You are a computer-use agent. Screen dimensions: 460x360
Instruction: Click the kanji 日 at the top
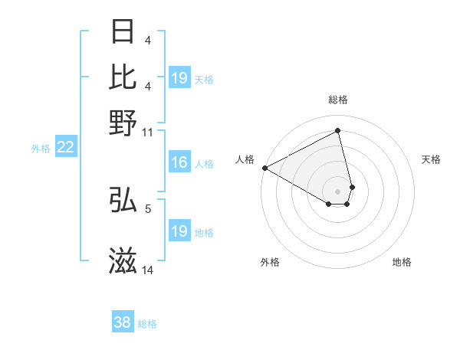pos(123,31)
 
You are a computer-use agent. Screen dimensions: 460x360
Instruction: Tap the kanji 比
pos(123,77)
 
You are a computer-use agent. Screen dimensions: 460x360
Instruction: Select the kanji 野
pos(123,122)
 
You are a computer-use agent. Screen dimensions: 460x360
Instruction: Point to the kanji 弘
pos(123,201)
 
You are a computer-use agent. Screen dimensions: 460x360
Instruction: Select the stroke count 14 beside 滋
pos(148,270)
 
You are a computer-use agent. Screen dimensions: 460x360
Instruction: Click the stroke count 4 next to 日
pos(148,40)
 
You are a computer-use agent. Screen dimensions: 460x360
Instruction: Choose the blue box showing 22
pos(65,148)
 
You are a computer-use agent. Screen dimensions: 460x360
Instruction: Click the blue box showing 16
pos(179,162)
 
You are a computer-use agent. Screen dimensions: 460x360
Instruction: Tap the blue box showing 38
pos(122,322)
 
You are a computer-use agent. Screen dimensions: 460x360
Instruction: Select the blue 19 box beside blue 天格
pos(179,78)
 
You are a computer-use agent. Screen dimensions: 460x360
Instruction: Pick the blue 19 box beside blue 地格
pos(179,231)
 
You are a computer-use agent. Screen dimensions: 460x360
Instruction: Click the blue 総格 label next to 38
pos(148,324)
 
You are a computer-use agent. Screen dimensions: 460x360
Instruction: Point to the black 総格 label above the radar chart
pos(338,100)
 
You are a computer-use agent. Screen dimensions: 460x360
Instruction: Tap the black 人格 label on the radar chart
pos(245,159)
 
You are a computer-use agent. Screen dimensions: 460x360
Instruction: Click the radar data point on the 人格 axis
pos(264,168)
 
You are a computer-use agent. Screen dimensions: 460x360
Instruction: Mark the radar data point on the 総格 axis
pos(338,130)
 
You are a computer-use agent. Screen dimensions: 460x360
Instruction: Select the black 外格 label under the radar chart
pos(270,262)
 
